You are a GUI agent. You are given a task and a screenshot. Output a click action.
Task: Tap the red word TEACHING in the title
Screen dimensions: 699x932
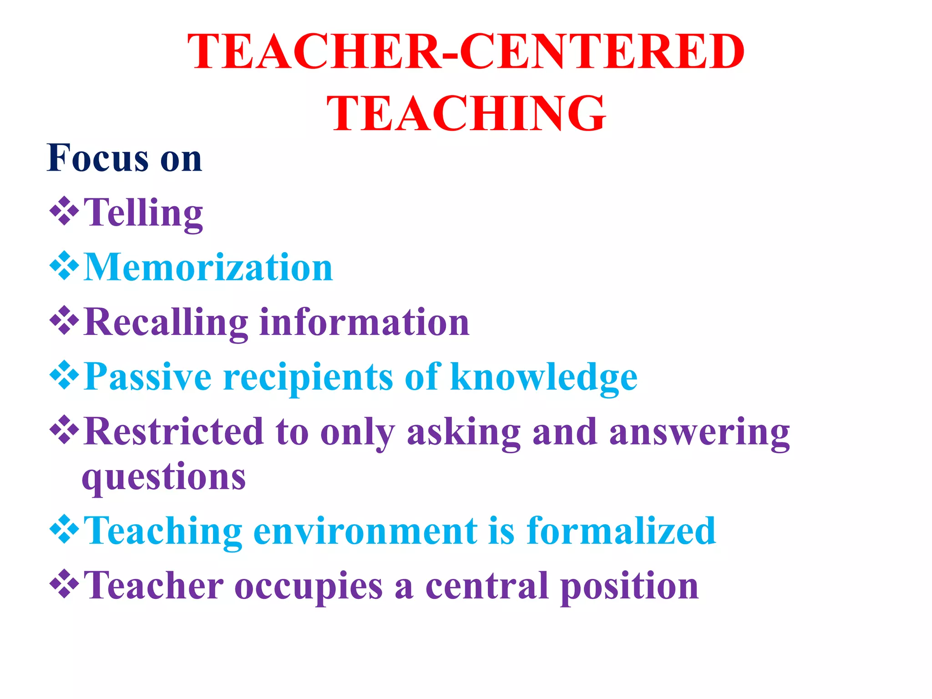pos(466,113)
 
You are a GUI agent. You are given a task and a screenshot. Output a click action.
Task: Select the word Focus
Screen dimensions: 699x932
pos(98,158)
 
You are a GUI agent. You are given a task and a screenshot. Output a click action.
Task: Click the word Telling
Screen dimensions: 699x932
pos(143,213)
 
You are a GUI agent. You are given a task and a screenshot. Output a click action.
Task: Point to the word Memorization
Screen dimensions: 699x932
pos(208,267)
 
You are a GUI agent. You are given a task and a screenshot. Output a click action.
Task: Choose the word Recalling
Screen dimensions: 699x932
pos(166,322)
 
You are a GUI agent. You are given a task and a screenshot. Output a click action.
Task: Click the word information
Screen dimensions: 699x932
pos(364,322)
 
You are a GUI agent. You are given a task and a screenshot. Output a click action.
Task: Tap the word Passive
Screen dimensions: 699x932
pos(148,377)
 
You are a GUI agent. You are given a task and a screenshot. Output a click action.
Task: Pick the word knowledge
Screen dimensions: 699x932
pos(544,377)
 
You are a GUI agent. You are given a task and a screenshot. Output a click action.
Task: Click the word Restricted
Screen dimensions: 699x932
pos(174,431)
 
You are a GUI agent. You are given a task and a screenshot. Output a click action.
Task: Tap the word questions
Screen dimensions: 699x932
pos(164,477)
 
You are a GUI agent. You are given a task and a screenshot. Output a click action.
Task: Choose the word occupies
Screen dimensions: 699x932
pos(309,586)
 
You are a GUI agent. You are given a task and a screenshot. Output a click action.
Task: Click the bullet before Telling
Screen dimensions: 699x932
pos(64,211)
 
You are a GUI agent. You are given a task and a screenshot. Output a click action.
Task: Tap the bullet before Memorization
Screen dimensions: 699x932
pos(64,265)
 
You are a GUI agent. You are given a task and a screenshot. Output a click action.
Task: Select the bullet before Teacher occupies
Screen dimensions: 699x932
pos(64,583)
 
